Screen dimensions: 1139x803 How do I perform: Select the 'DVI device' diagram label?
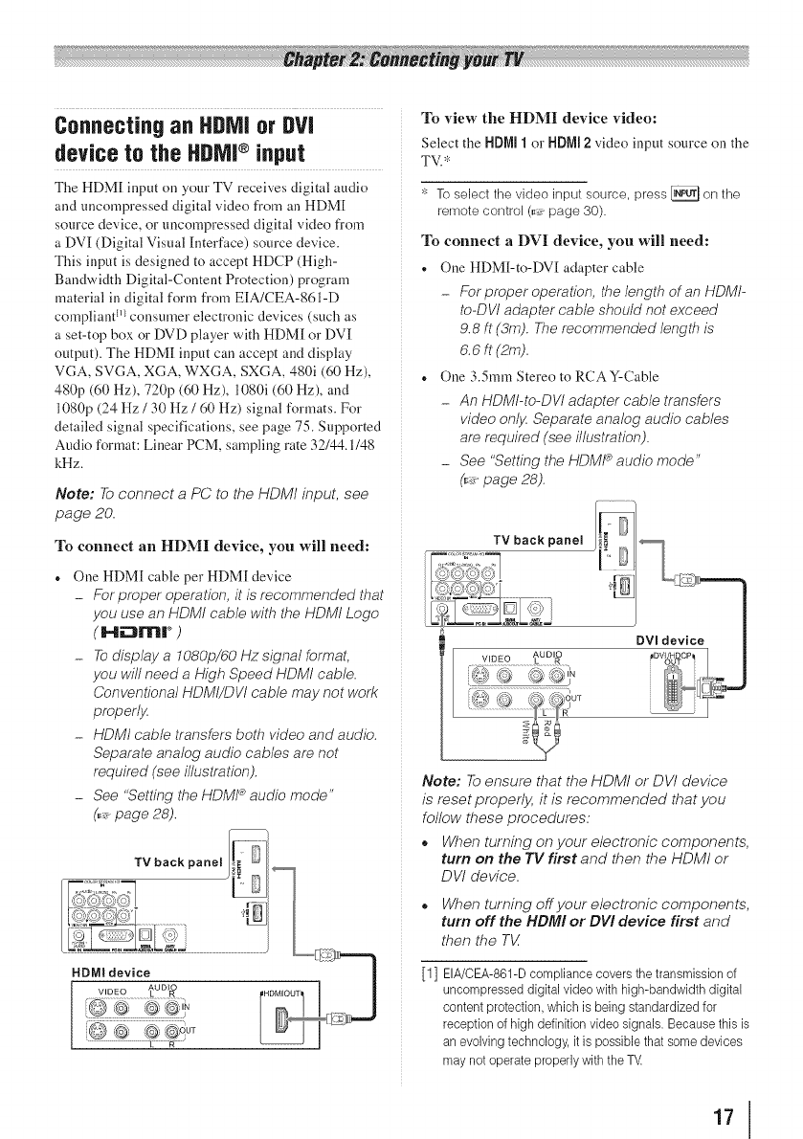697,639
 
